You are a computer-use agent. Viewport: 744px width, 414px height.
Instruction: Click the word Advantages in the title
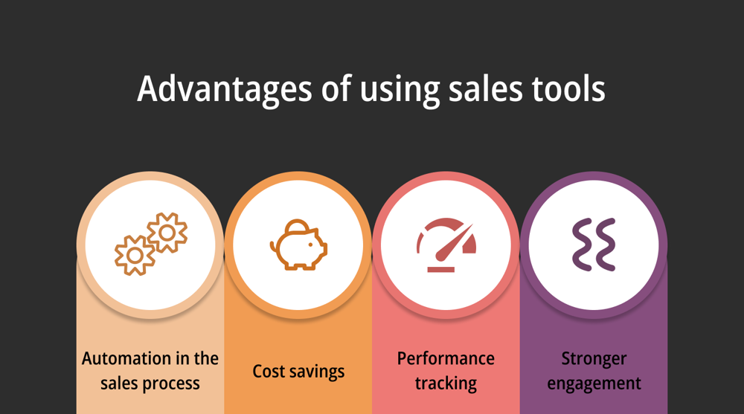[x=225, y=89]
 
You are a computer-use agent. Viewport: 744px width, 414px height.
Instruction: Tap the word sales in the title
[x=485, y=88]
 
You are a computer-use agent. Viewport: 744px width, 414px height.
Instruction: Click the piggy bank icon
[x=298, y=245]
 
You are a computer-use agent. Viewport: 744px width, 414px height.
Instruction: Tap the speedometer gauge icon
[x=446, y=245]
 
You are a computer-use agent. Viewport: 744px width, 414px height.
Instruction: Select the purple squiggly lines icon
[x=594, y=245]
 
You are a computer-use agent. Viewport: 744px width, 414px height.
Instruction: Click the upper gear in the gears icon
[x=167, y=233]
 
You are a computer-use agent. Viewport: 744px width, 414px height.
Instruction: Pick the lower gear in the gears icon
[x=135, y=255]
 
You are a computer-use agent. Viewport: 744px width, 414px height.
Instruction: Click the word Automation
[x=127, y=358]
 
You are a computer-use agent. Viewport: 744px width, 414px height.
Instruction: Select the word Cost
[x=269, y=372]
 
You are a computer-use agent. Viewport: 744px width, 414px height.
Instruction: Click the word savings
[x=317, y=372]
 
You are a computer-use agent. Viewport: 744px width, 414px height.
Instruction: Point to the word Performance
[x=446, y=358]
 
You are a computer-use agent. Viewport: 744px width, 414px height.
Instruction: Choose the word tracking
[x=446, y=384]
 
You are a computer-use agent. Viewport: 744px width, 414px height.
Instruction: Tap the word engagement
[x=594, y=384]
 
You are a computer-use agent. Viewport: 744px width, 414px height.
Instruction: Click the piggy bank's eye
[x=311, y=245]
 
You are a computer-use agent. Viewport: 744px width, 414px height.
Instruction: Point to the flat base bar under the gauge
[x=441, y=269]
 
